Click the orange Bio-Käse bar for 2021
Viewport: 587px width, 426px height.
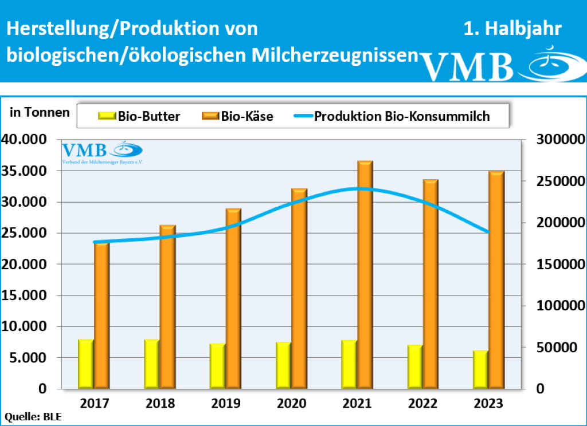click(365, 275)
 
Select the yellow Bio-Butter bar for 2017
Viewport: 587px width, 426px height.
click(86, 364)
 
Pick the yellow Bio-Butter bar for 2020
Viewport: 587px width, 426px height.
click(283, 365)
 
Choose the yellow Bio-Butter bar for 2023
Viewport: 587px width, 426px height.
click(480, 369)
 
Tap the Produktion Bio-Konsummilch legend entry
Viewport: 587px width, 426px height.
click(393, 116)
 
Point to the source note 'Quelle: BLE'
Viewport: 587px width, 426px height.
click(33, 417)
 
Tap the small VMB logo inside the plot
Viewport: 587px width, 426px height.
click(102, 152)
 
